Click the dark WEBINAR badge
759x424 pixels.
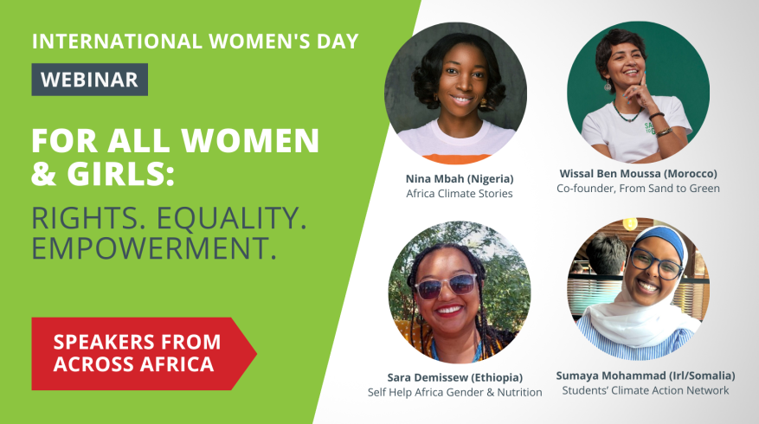point(89,80)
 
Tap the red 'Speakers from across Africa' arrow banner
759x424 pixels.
point(144,354)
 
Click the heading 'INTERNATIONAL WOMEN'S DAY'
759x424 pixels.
point(195,42)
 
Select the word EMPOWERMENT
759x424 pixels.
point(154,247)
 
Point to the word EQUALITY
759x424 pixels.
point(231,218)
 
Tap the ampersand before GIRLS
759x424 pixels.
point(44,174)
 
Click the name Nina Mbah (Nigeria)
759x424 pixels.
point(460,178)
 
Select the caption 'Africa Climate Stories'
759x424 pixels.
point(460,194)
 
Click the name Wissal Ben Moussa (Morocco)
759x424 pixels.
point(638,173)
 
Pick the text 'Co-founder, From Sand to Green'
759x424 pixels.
point(638,189)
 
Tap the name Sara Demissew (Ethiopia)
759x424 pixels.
point(455,377)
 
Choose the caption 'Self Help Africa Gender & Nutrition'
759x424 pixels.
point(455,392)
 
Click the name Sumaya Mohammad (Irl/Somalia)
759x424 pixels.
point(646,376)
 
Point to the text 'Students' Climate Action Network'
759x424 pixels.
point(646,390)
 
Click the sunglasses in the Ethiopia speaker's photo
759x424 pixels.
point(446,286)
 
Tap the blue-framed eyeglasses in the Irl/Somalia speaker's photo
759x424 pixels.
point(655,263)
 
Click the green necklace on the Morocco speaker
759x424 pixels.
point(626,112)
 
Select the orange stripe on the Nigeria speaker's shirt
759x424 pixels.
point(456,158)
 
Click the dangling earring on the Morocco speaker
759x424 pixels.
point(607,85)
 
